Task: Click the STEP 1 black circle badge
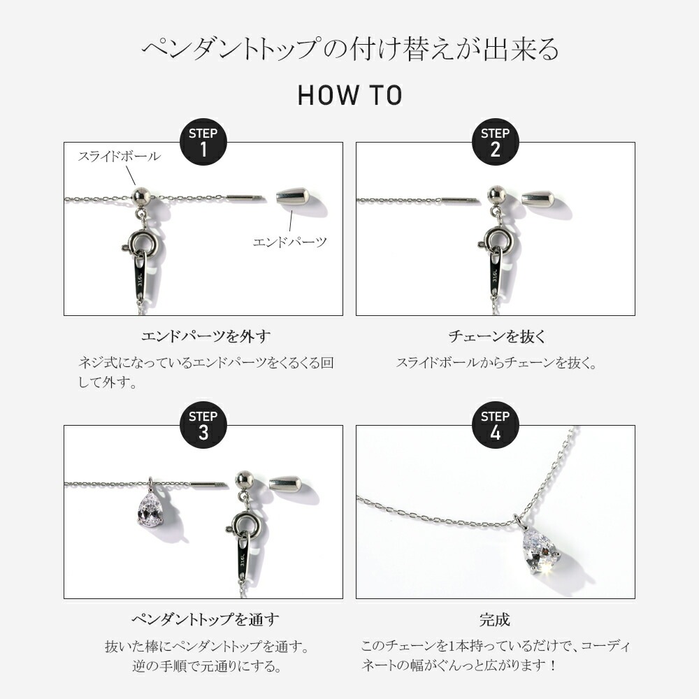203,142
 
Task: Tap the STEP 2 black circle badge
496,142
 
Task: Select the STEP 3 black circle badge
203,425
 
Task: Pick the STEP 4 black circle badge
496,425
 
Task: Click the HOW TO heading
350,95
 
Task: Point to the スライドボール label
120,156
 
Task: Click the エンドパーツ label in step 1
290,242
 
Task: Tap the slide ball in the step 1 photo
141,196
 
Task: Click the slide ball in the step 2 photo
496,194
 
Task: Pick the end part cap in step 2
538,198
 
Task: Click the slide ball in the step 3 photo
244,480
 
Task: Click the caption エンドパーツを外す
206,336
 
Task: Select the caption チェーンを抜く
497,336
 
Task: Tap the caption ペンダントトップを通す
206,619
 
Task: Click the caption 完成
495,619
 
